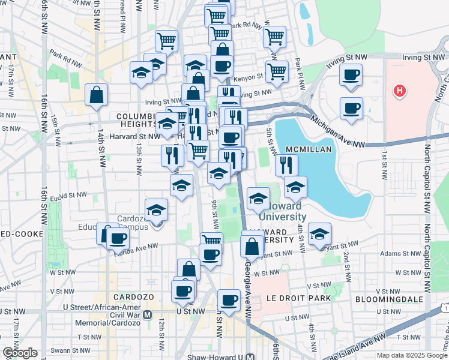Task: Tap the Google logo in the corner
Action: tap(20, 353)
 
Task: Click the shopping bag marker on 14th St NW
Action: tap(97, 95)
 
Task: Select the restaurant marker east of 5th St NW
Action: tap(286, 164)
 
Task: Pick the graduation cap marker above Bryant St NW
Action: tap(320, 233)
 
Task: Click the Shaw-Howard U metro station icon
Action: tap(251, 356)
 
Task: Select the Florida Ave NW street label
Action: tap(137, 247)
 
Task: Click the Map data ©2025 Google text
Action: tap(412, 355)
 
